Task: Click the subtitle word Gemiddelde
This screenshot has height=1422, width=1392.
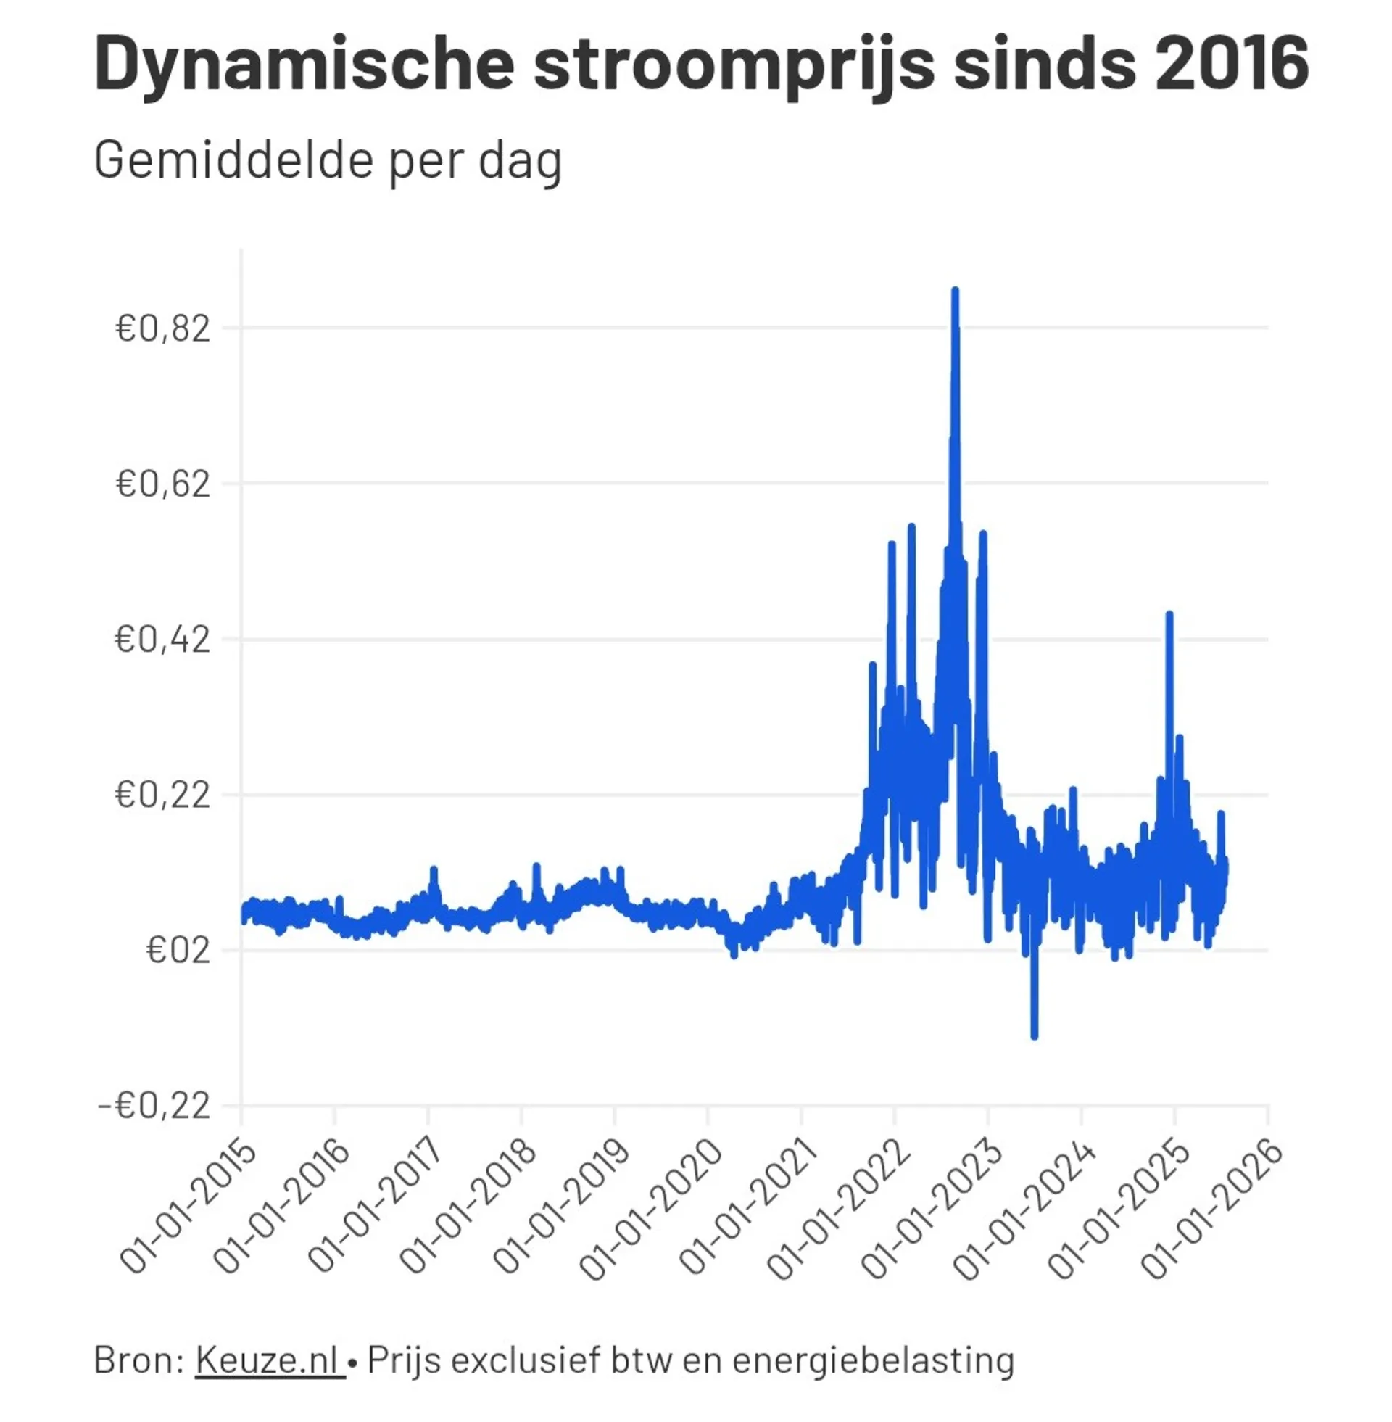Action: (x=233, y=160)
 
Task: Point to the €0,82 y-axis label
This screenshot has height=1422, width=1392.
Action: (x=162, y=328)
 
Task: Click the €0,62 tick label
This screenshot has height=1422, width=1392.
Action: (x=162, y=484)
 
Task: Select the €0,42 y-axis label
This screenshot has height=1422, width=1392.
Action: (x=162, y=640)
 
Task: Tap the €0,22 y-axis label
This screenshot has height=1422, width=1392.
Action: (x=162, y=795)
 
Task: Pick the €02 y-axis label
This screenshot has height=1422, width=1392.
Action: (x=178, y=951)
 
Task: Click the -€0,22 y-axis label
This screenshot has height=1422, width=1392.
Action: (x=154, y=1106)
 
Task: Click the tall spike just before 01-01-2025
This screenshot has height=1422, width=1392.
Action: (x=1169, y=616)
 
